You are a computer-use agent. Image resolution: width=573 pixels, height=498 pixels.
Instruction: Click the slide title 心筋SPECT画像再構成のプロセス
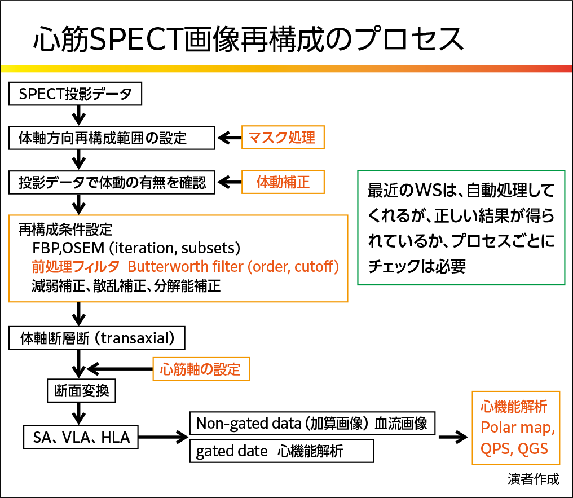pos(248,39)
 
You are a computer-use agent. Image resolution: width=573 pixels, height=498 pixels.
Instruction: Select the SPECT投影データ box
pos(75,94)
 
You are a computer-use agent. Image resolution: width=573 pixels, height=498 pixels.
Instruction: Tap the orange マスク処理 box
pos(283,137)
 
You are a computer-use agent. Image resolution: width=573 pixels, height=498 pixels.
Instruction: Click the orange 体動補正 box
pos(283,182)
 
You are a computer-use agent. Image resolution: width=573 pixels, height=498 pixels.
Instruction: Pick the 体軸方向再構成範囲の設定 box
pos(112,138)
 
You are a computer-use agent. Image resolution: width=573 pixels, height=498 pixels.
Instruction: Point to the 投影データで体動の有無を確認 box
pos(112,183)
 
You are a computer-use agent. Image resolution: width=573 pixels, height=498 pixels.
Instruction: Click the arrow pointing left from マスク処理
pos(228,138)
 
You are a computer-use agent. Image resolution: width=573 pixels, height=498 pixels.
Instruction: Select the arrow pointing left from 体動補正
pos(228,182)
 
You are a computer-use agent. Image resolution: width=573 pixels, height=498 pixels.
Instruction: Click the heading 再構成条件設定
pos(65,230)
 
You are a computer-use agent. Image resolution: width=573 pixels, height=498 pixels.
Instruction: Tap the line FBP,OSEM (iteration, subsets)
pos(137,248)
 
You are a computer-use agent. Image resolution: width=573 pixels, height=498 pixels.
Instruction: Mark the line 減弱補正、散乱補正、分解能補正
pos(126,285)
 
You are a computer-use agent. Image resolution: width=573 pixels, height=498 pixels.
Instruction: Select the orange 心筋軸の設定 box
pos(201,369)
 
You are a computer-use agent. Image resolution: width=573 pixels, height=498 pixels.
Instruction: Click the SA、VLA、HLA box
pos(81,437)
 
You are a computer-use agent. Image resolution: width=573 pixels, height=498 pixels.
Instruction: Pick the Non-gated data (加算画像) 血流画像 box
pos(312,423)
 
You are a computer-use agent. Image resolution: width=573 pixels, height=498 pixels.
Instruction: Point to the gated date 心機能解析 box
pos(281,451)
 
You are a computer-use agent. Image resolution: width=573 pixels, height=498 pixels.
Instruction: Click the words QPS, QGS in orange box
pos(514,449)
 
